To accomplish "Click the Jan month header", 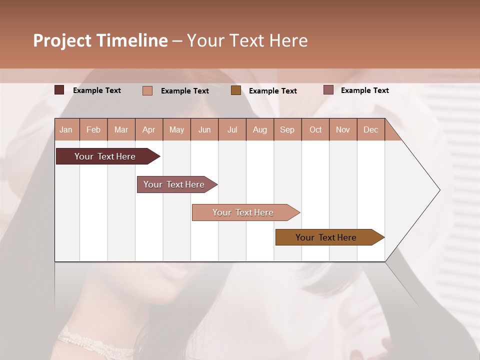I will pyautogui.click(x=66, y=130).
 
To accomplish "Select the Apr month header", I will pyautogui.click(x=148, y=130).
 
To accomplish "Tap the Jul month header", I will pyautogui.click(x=232, y=130).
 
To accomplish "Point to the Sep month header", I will pyautogui.click(x=287, y=130).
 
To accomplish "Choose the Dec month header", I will pyautogui.click(x=370, y=130).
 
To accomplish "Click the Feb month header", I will pyautogui.click(x=93, y=130).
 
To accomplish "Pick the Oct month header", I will pyautogui.click(x=315, y=130).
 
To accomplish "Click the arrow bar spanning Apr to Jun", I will pyautogui.click(x=175, y=184).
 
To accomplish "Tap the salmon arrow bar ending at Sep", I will pyautogui.click(x=244, y=212).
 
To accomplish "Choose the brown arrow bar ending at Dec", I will pyautogui.click(x=327, y=237).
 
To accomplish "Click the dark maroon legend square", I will pyautogui.click(x=59, y=90).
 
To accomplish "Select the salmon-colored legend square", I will pyautogui.click(x=147, y=90).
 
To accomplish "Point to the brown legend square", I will pyautogui.click(x=236, y=90).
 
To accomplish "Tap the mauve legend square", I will pyautogui.click(x=328, y=90).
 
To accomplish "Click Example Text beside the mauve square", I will pyautogui.click(x=364, y=90).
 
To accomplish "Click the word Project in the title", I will pyautogui.click(x=61, y=40).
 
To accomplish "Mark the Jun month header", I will pyautogui.click(x=204, y=130).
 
